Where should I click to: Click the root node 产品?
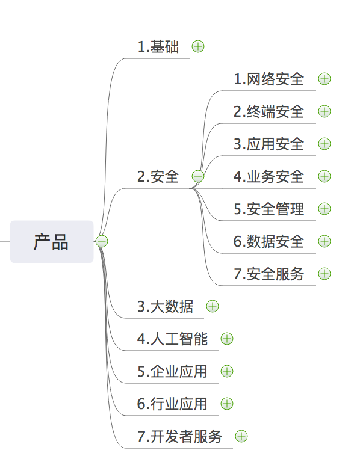pyautogui.click(x=52, y=242)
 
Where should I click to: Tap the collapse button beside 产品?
pyautogui.click(x=102, y=241)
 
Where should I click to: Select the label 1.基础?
pyautogui.click(x=158, y=47)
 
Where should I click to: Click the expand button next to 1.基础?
pyautogui.click(x=198, y=46)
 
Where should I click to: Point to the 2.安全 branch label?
pyautogui.click(x=158, y=177)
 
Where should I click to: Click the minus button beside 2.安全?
pyautogui.click(x=198, y=176)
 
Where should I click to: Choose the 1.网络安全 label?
pyautogui.click(x=269, y=79)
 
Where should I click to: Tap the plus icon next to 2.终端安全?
pyautogui.click(x=324, y=111)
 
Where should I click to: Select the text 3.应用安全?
pyautogui.click(x=269, y=144)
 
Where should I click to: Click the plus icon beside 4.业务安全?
pyautogui.click(x=324, y=176)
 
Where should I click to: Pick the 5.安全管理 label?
pyautogui.click(x=269, y=209)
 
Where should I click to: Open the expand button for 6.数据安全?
pyautogui.click(x=324, y=241)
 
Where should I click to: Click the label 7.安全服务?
pyautogui.click(x=269, y=274)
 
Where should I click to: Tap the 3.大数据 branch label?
pyautogui.click(x=166, y=306)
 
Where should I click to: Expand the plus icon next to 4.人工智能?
pyautogui.click(x=227, y=339)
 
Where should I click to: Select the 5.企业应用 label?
pyautogui.click(x=173, y=372)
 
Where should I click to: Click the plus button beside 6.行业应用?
pyautogui.click(x=227, y=404)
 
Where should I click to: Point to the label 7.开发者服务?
pyautogui.click(x=180, y=436)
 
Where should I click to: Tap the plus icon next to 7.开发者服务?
pyautogui.click(x=241, y=436)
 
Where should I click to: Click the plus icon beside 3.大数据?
pyautogui.click(x=213, y=306)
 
